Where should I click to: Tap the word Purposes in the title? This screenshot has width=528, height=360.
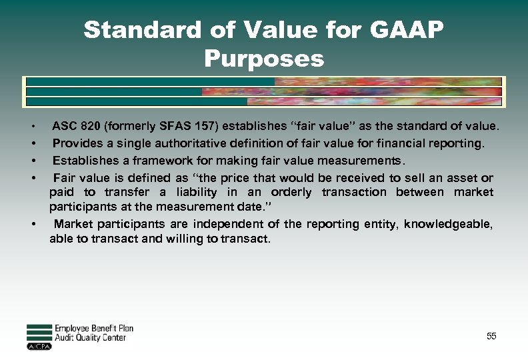tap(264, 59)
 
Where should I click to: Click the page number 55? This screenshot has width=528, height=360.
tap(491, 337)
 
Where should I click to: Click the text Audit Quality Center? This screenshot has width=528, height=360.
tap(90, 338)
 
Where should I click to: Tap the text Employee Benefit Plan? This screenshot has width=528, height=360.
tap(93, 329)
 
